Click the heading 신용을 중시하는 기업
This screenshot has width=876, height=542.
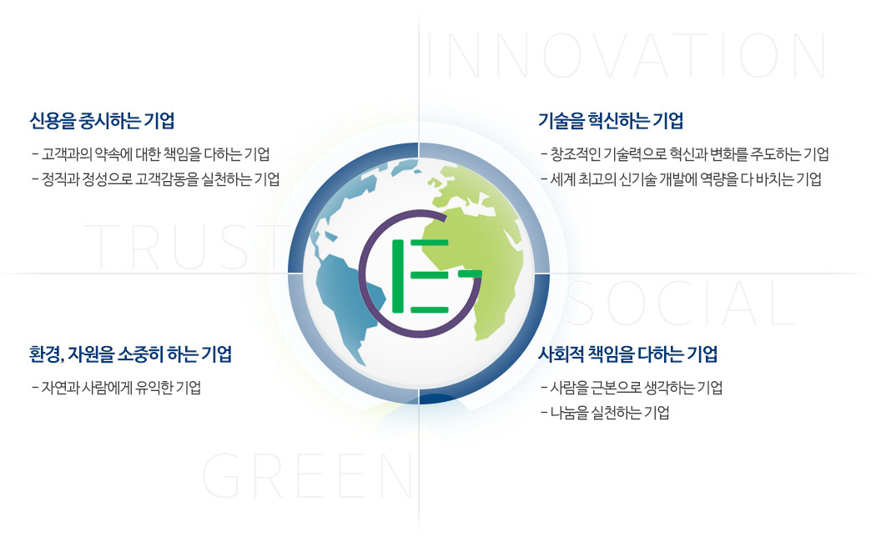pyautogui.click(x=102, y=121)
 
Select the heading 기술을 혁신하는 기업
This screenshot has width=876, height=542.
pyautogui.click(x=611, y=121)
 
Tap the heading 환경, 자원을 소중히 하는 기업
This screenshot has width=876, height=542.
pyautogui.click(x=130, y=354)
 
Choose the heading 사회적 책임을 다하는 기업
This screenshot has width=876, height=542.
pyautogui.click(x=628, y=354)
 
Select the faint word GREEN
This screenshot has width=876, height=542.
pyautogui.click(x=309, y=477)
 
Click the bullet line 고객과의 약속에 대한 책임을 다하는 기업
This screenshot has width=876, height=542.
pyautogui.click(x=155, y=154)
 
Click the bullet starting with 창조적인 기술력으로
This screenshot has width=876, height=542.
pyautogui.click(x=689, y=154)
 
